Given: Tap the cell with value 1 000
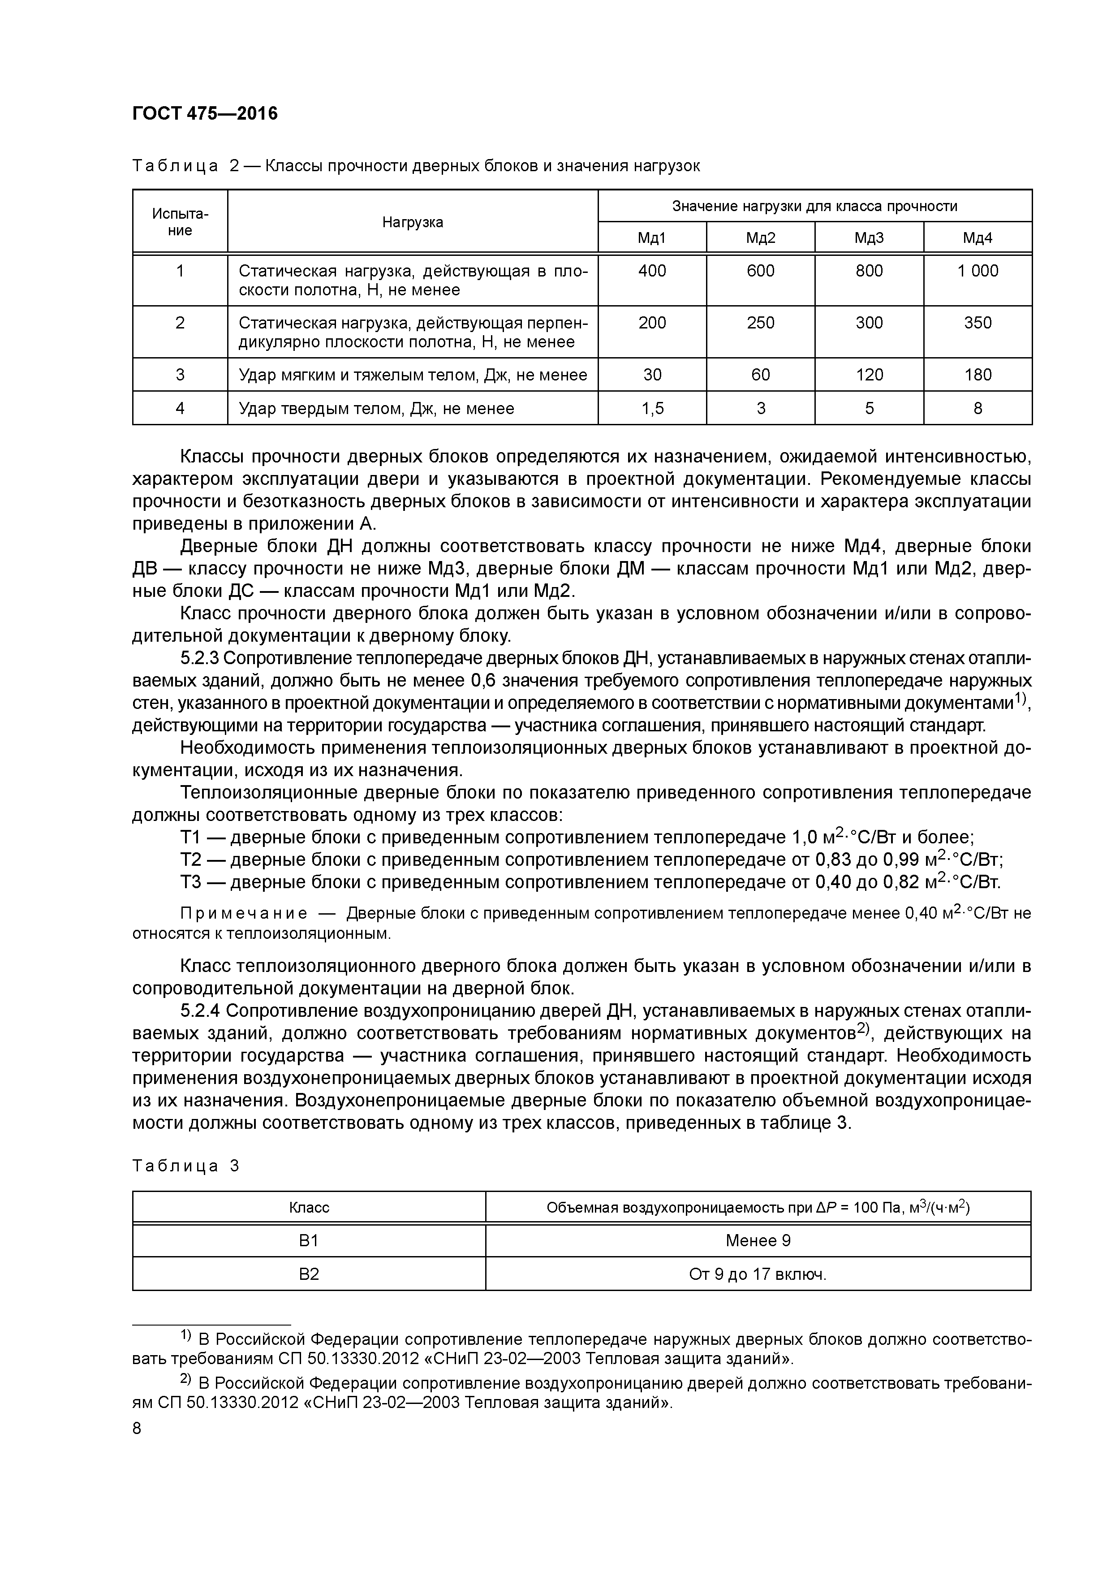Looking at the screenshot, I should pyautogui.click(x=978, y=271).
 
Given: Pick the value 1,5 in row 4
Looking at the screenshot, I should pyautogui.click(x=652, y=409).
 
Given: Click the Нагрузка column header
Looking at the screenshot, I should pyautogui.click(x=412, y=222).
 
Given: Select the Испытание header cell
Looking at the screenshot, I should pyautogui.click(x=180, y=222).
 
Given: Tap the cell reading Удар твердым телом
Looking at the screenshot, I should pyautogui.click(x=376, y=409).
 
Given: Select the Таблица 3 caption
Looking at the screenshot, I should pyautogui.click(x=185, y=1166).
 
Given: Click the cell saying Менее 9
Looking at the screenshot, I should pyautogui.click(x=758, y=1241).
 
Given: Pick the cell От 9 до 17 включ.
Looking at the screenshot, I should pyautogui.click(x=758, y=1274).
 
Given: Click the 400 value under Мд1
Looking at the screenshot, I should pyautogui.click(x=652, y=271).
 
